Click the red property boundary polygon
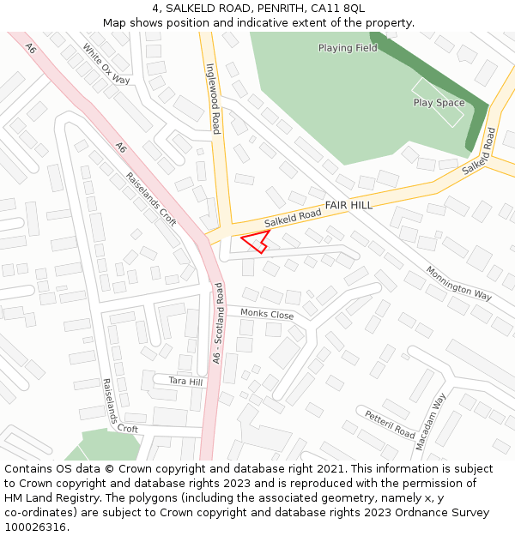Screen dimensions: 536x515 [255, 241]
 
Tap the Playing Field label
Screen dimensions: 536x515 [348, 48]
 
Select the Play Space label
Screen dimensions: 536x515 [439, 103]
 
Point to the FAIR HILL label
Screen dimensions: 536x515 [348, 206]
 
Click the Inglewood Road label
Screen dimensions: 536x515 [214, 99]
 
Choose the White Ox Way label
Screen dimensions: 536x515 [106, 64]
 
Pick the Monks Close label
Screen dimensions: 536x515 [267, 314]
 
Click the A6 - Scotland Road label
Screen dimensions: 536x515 [218, 322]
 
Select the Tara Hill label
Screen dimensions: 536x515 [185, 381]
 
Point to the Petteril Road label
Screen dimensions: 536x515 [390, 425]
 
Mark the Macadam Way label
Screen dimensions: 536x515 [431, 422]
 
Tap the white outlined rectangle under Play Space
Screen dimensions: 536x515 [438, 103]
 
